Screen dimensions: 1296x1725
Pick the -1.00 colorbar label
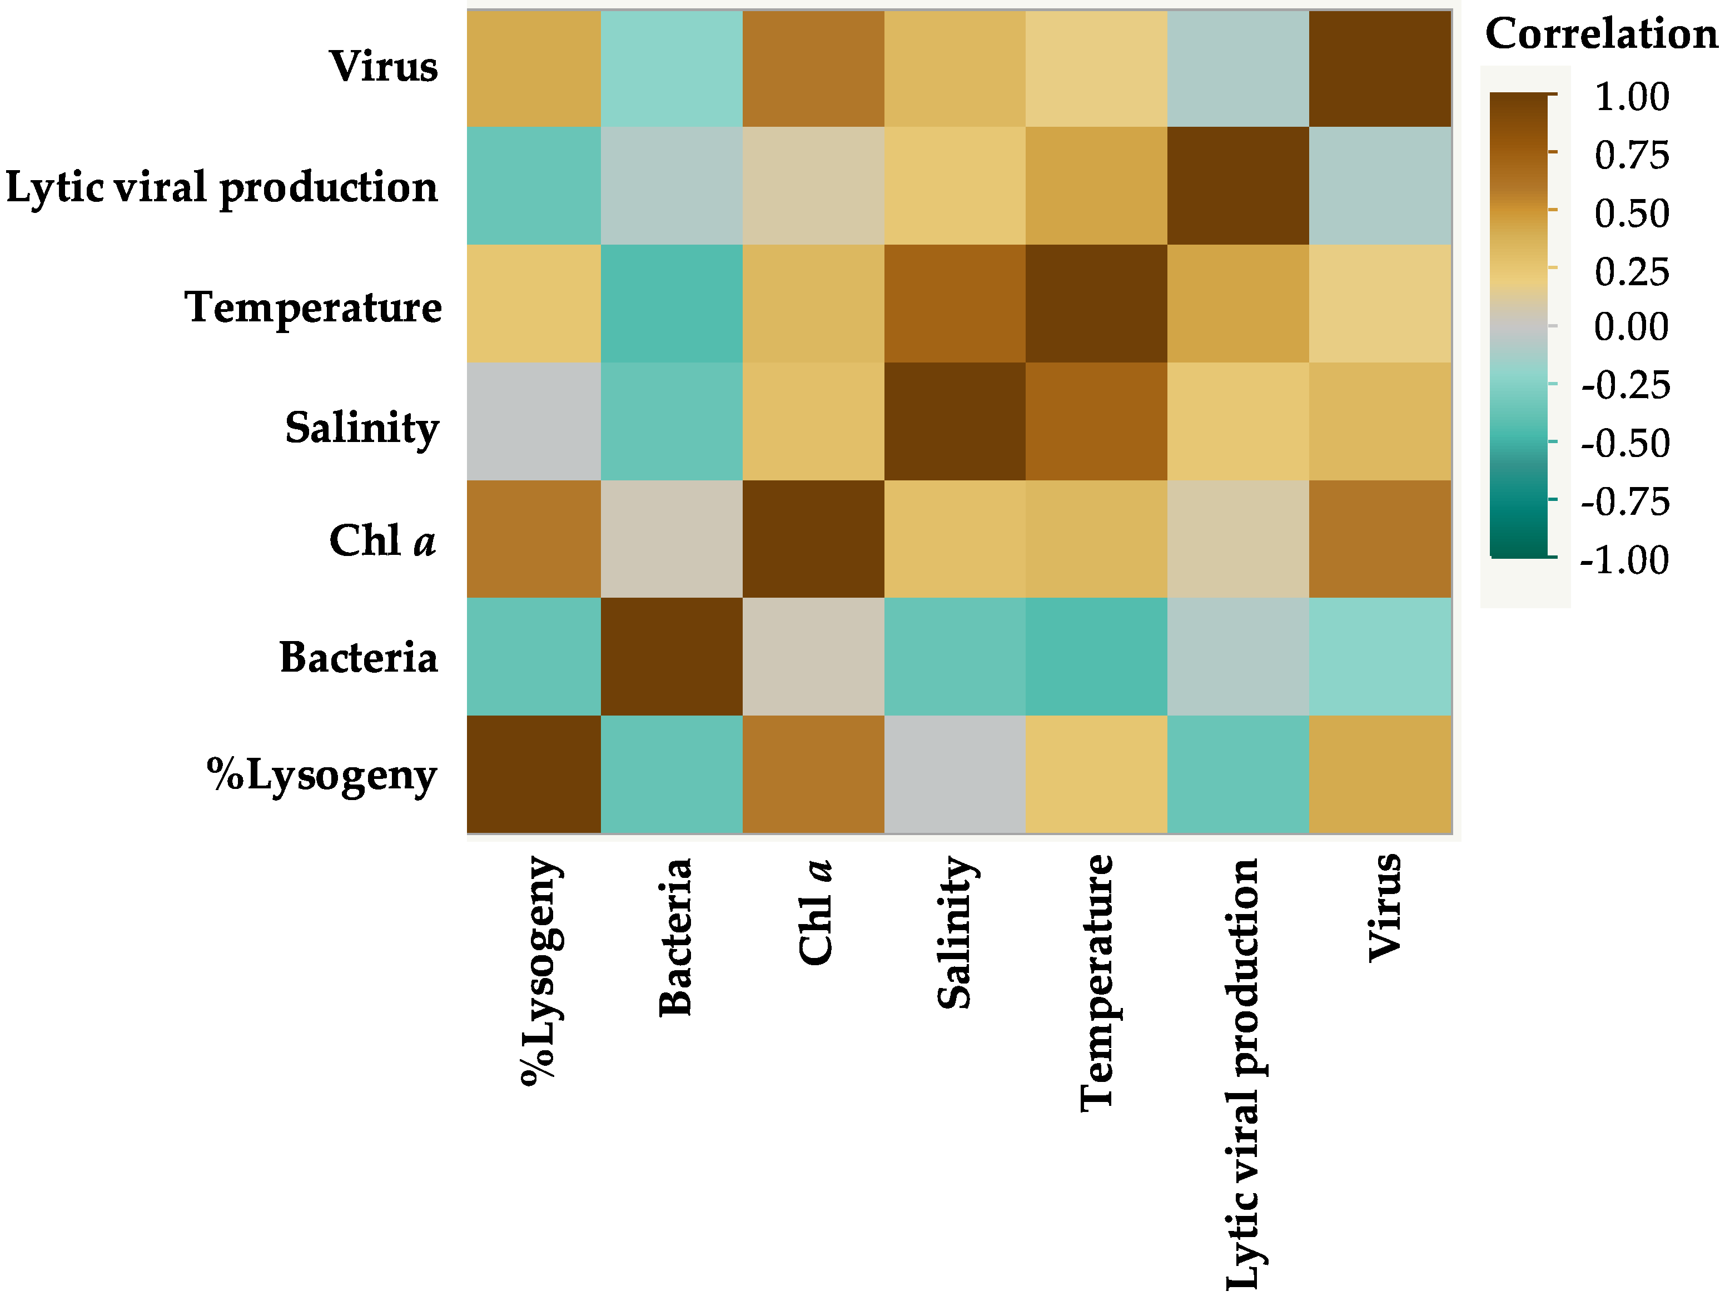pyautogui.click(x=1624, y=560)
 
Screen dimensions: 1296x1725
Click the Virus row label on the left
pyautogui.click(x=383, y=66)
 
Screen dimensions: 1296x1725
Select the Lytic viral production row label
pyautogui.click(x=222, y=188)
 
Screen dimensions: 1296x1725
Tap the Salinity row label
pyautogui.click(x=362, y=428)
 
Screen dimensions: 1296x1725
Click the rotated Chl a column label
pyautogui.click(x=816, y=912)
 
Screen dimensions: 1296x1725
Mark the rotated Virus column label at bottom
pyautogui.click(x=1385, y=908)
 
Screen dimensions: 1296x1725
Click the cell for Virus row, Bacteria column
pyautogui.click(x=672, y=68)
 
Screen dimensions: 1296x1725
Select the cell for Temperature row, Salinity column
pyautogui.click(x=955, y=304)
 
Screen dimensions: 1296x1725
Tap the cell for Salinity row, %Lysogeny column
pyautogui.click(x=534, y=421)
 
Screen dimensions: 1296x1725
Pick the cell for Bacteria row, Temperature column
pyautogui.click(x=1096, y=657)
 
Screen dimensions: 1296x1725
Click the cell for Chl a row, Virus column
pyautogui.click(x=1380, y=539)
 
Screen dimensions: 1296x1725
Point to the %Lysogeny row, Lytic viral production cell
pyautogui.click(x=1237, y=774)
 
